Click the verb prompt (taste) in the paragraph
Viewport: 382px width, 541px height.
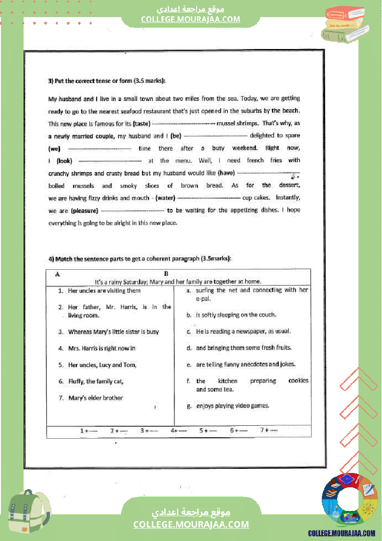tap(142, 124)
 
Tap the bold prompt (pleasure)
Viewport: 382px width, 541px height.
tap(85, 210)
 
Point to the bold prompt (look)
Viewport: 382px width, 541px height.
tap(64, 161)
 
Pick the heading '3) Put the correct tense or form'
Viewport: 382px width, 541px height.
tap(107, 81)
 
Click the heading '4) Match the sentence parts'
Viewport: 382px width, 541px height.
tap(140, 259)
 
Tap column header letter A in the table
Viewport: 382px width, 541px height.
tap(57, 274)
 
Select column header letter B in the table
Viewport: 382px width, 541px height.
tap(166, 274)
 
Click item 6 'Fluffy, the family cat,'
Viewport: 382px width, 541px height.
tap(96, 381)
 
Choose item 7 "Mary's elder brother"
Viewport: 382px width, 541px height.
tap(95, 398)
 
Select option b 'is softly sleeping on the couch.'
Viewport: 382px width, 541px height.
tap(236, 315)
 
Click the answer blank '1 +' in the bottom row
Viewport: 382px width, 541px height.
tap(89, 430)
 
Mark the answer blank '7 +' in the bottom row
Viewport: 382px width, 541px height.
tap(269, 430)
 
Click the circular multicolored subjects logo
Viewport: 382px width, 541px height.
tap(349, 501)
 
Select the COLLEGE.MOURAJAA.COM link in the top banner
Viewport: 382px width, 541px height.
tap(191, 19)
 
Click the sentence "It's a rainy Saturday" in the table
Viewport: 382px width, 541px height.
tap(178, 281)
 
